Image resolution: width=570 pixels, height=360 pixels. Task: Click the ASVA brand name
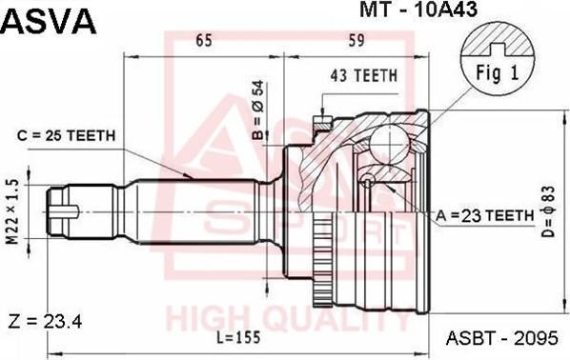49,21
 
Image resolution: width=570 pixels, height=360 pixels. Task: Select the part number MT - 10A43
418,10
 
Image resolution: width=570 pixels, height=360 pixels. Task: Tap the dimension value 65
204,40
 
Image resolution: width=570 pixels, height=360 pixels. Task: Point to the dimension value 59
356,40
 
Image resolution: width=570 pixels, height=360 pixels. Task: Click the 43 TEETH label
364,75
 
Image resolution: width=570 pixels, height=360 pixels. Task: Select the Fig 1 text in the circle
497,72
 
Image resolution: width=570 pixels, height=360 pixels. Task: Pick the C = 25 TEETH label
66,135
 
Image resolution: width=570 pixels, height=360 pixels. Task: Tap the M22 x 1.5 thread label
13,212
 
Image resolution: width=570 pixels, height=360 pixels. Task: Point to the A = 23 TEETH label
485,216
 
